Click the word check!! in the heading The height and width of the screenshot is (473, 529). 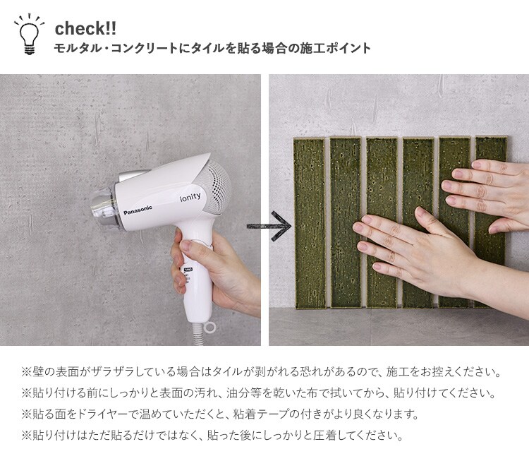click(85, 28)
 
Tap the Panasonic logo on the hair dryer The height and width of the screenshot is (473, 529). click(138, 210)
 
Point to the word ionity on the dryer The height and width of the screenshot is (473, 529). click(190, 197)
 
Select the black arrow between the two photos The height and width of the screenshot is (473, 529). click(269, 226)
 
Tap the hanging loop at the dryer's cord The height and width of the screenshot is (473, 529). click(210, 327)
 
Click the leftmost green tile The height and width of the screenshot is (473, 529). click(310, 223)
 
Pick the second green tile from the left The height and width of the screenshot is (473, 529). click(346, 222)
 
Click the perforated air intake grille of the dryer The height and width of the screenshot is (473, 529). click(219, 186)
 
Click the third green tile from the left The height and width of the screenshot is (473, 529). click(382, 222)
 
